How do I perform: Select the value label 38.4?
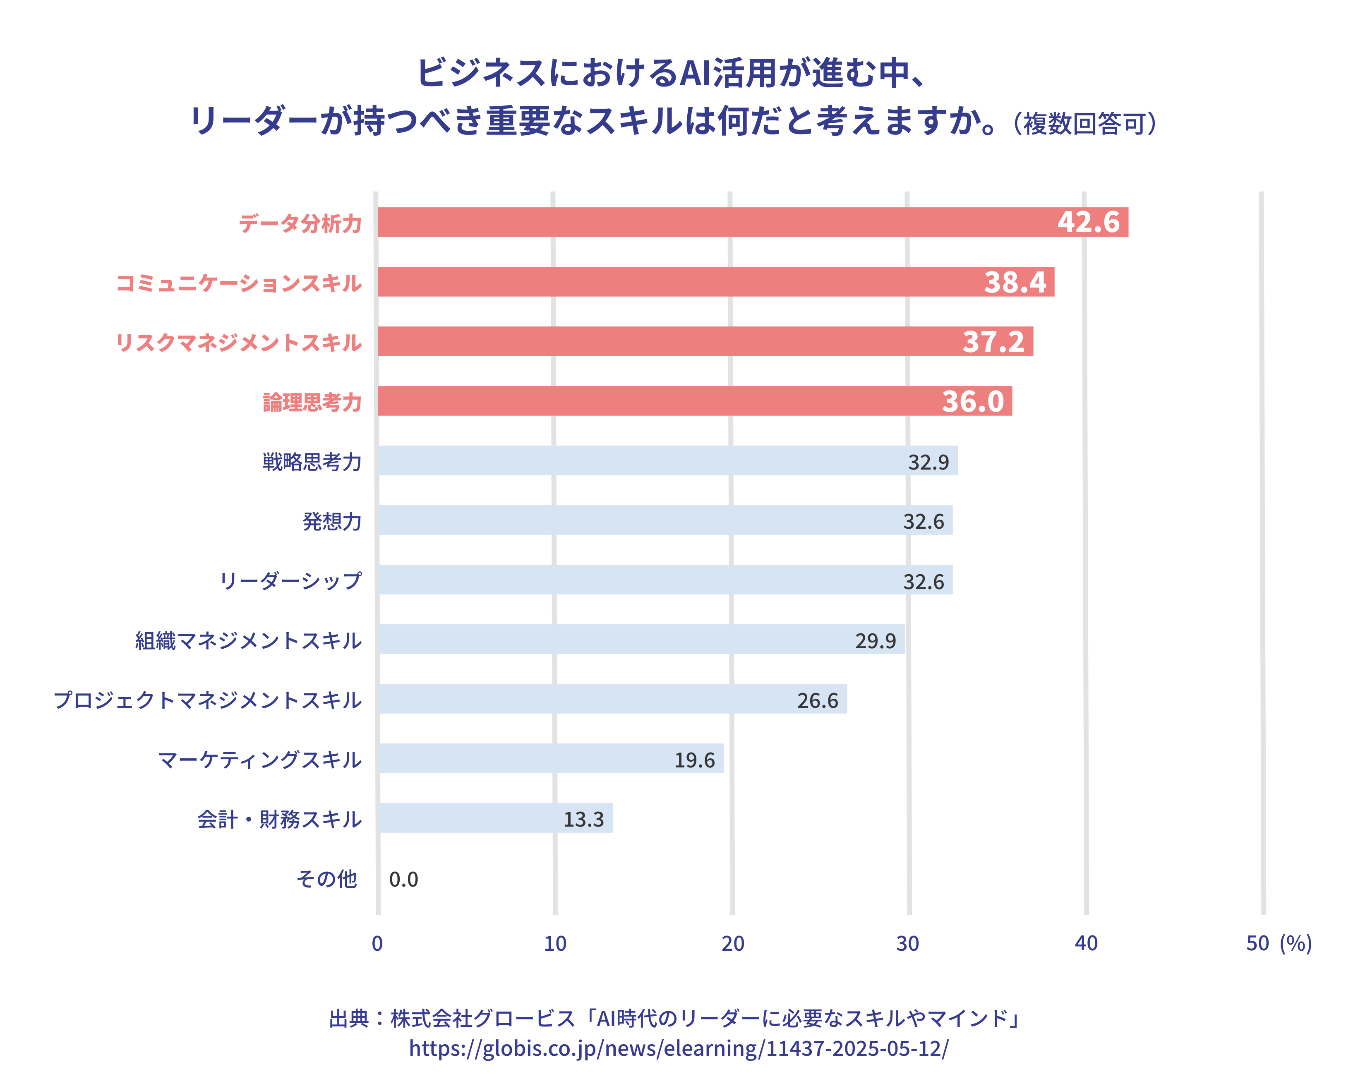pos(1015,282)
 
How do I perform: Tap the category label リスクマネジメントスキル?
pos(238,343)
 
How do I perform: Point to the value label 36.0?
pos(972,401)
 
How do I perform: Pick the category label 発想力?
pos(332,521)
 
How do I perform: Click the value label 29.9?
pos(875,641)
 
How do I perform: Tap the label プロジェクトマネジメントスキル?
pos(208,700)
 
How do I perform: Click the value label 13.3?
pos(583,819)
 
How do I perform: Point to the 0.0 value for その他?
pos(403,879)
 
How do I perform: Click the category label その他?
pos(327,878)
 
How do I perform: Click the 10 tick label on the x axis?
pos(555,943)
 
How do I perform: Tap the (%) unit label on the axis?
pos(1296,943)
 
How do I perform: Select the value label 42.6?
pos(1088,222)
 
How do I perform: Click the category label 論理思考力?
pos(312,403)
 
